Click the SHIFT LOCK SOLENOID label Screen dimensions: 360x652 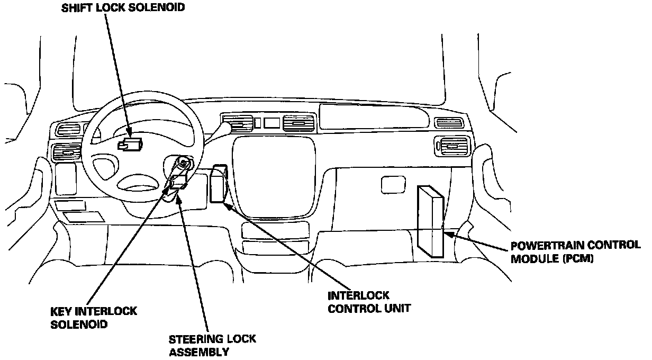point(124,9)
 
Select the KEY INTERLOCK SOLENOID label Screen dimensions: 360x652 point(94,317)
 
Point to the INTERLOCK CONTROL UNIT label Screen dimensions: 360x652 point(369,302)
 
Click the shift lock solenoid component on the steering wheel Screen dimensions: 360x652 point(130,144)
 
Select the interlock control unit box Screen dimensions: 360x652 point(218,184)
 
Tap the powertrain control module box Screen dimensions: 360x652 point(430,221)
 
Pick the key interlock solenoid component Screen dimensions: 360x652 point(177,183)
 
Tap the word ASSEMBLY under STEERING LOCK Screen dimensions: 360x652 point(198,352)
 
